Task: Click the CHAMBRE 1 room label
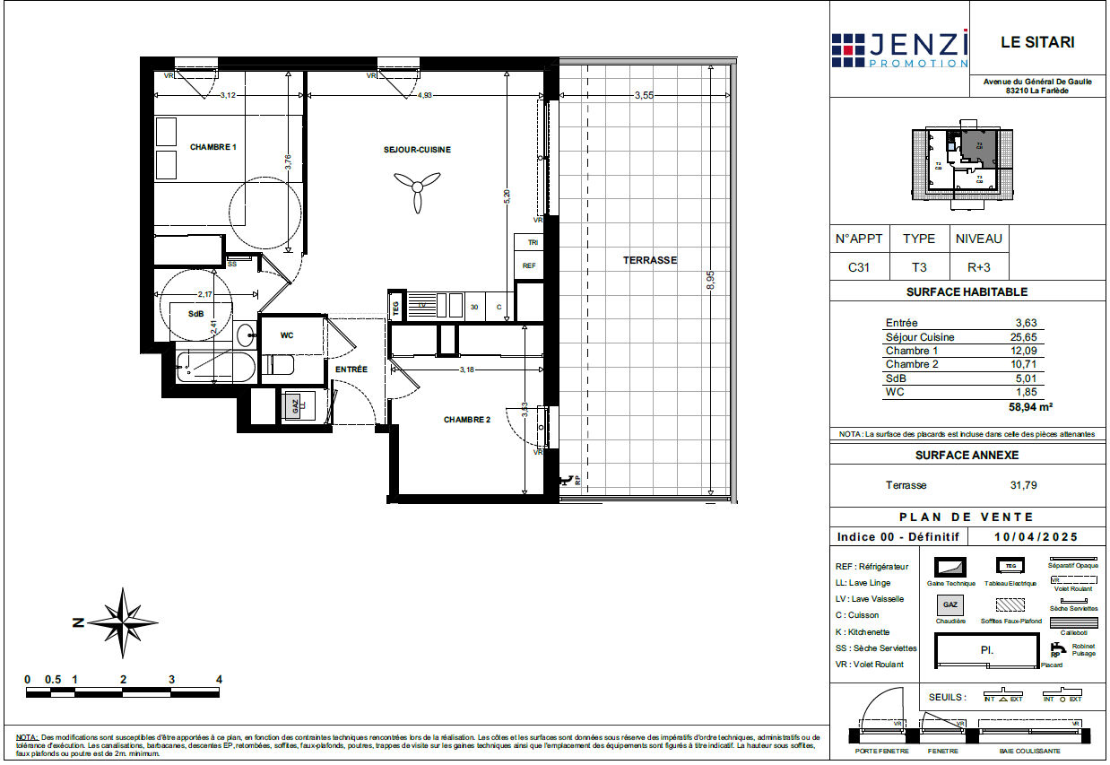click(x=212, y=146)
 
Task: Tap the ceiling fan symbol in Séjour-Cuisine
click(x=415, y=191)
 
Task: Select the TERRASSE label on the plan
click(x=650, y=260)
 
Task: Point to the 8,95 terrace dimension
click(x=709, y=280)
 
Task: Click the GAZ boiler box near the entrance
click(x=295, y=405)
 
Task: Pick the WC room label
click(x=287, y=335)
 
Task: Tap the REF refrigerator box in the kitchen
click(x=529, y=266)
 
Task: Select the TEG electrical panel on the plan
click(x=395, y=306)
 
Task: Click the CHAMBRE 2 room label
click(x=467, y=419)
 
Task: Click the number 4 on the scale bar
click(x=218, y=679)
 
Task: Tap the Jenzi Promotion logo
click(x=899, y=49)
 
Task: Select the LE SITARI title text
click(x=1036, y=42)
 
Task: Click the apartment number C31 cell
click(x=858, y=267)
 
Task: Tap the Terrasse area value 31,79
click(x=1024, y=485)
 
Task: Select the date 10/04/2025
click(x=1036, y=536)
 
